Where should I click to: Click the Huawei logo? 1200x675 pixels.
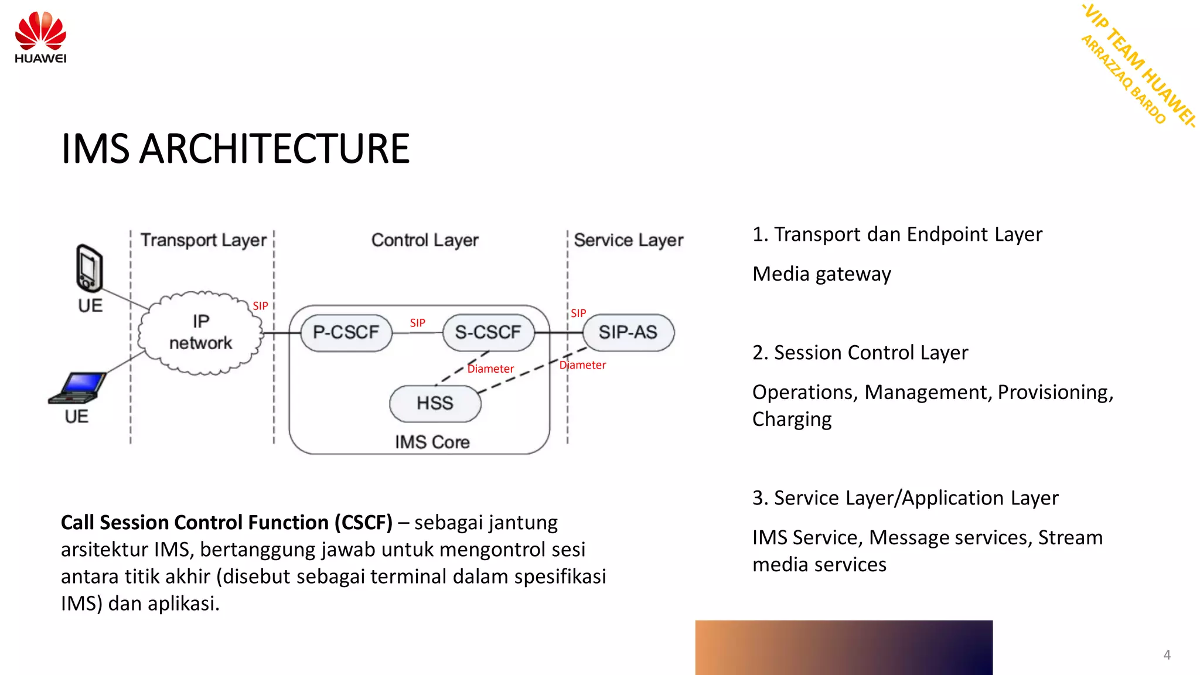point(40,36)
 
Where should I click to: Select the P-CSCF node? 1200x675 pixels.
point(346,332)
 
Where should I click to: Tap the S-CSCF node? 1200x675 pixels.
point(488,332)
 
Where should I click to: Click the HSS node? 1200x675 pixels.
point(435,403)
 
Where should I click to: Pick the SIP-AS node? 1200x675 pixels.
point(628,332)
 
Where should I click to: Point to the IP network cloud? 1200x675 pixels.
point(200,332)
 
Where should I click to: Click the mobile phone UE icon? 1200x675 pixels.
point(90,268)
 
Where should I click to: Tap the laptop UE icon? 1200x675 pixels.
point(78,388)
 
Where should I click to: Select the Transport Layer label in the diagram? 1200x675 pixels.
point(203,240)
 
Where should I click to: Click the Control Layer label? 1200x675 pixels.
point(425,240)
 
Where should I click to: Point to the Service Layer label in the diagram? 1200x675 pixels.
point(628,240)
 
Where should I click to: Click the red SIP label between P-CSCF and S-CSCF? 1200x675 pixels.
point(417,323)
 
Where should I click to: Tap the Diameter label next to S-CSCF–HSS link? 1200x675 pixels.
point(490,369)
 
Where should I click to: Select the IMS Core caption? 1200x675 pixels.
point(432,442)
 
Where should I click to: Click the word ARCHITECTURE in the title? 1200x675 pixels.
point(274,149)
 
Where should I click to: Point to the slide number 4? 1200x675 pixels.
point(1167,654)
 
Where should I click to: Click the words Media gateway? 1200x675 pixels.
point(821,274)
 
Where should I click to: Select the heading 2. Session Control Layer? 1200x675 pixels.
point(860,353)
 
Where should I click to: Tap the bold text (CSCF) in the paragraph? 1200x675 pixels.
point(363,522)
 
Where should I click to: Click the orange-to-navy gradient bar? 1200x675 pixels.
point(844,647)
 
